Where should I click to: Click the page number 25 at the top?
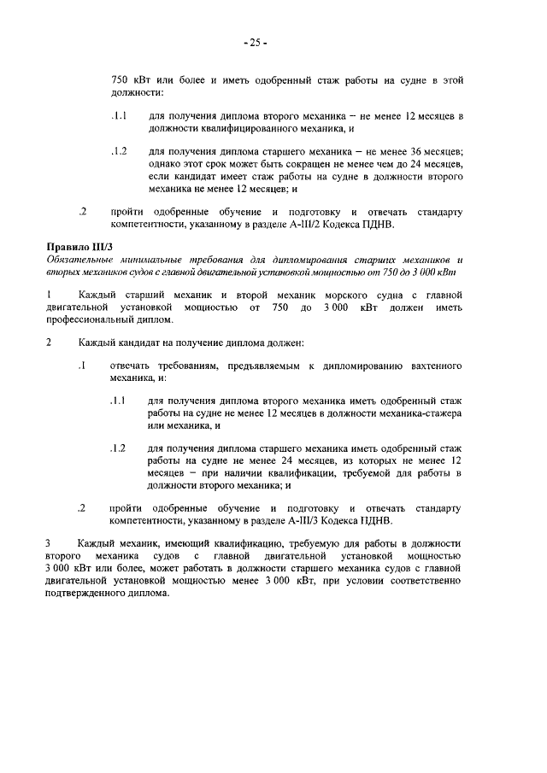pyautogui.click(x=256, y=41)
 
